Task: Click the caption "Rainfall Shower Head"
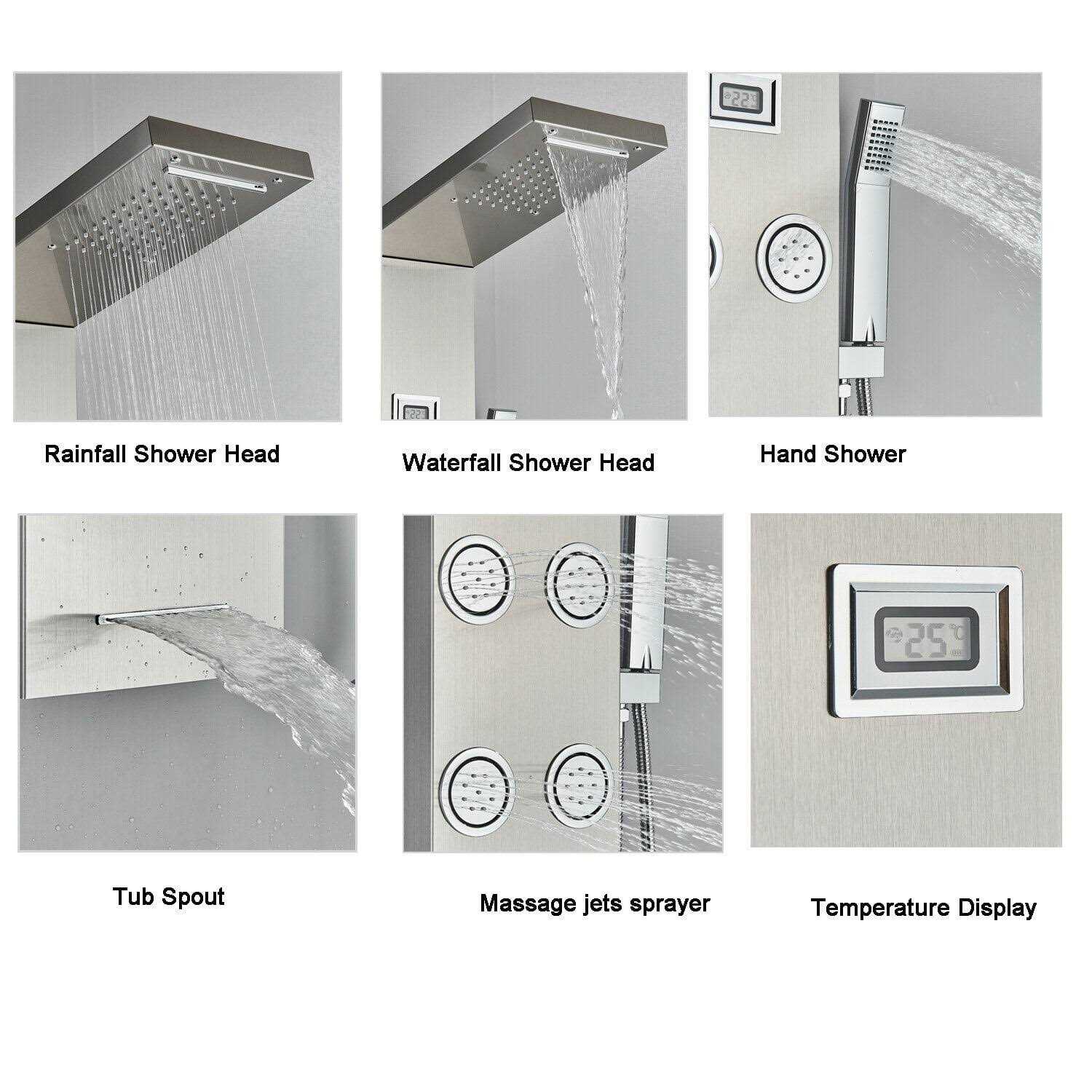point(162,454)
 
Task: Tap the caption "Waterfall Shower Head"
point(529,462)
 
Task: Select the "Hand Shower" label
point(833,454)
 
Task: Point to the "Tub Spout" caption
point(169,897)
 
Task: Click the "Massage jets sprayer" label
point(595,904)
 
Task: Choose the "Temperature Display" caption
point(923,908)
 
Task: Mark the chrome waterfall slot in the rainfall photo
point(217,178)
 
